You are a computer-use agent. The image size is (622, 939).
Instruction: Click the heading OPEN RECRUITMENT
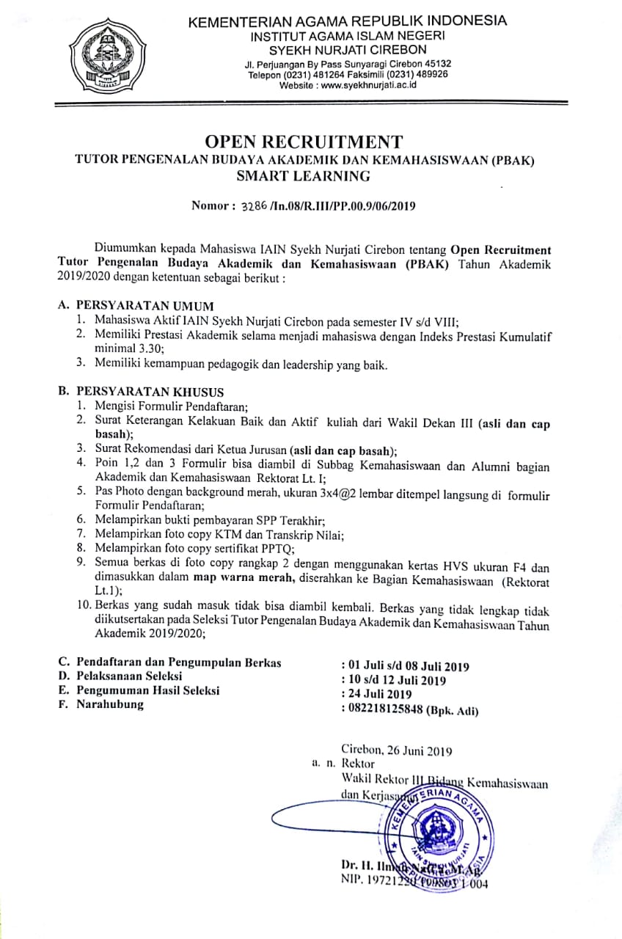tap(304, 142)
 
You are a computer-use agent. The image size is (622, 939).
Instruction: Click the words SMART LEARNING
tap(304, 175)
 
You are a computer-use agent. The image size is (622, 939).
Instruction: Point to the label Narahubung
tap(110, 705)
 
